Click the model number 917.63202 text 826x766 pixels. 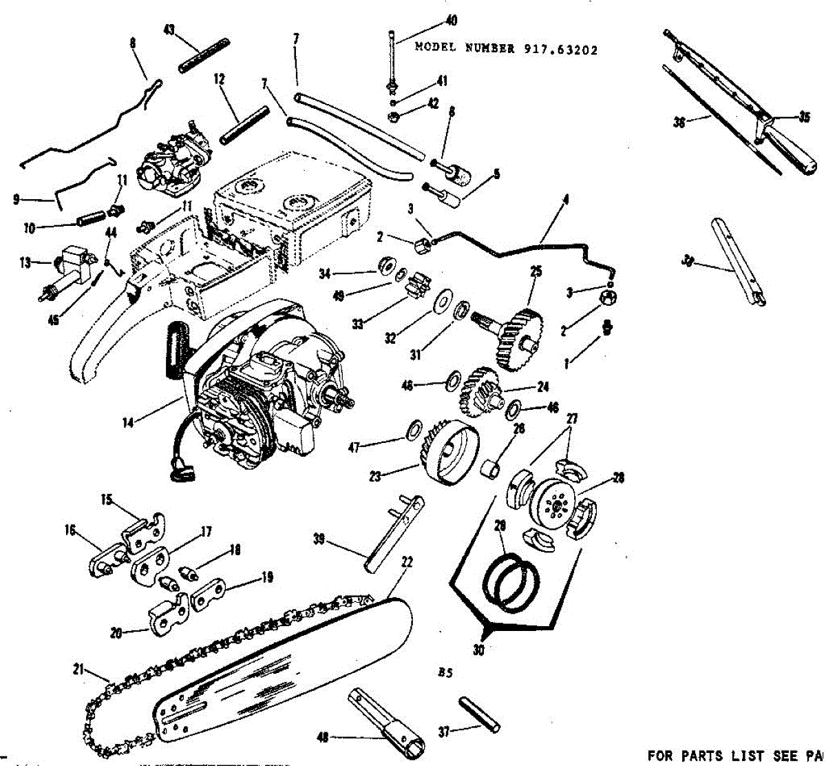(x=506, y=49)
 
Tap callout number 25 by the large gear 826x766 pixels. (x=536, y=271)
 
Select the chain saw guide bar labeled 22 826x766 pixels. (x=289, y=661)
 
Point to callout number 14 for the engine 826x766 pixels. (x=128, y=423)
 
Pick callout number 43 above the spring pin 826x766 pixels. (x=169, y=30)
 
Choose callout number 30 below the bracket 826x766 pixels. (x=478, y=649)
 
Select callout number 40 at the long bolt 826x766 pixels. (x=451, y=21)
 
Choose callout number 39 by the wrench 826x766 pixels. (x=319, y=539)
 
